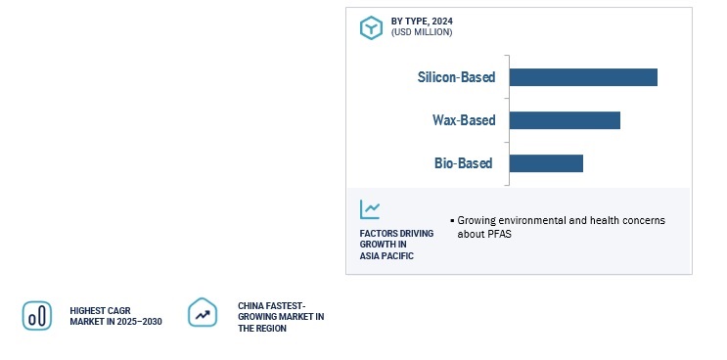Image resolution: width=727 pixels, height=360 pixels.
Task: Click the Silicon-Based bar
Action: [583, 77]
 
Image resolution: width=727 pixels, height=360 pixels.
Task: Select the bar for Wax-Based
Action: [565, 120]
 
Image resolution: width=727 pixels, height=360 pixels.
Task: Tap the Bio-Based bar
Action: [546, 163]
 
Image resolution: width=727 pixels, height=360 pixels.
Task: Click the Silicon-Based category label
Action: [456, 77]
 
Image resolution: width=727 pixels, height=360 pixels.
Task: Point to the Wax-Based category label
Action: [464, 120]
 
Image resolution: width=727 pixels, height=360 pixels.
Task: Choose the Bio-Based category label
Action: [463, 163]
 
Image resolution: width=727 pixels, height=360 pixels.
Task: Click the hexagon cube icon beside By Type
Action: [372, 27]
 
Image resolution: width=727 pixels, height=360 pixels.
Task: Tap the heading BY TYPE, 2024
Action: [422, 22]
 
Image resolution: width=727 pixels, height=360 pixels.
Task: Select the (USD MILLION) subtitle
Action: [422, 32]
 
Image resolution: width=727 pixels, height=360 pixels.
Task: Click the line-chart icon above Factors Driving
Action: [370, 209]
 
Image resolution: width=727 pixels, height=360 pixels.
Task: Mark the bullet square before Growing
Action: [452, 221]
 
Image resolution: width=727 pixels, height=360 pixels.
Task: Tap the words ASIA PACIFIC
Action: [386, 255]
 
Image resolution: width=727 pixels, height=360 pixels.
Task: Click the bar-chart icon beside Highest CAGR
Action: [37, 316]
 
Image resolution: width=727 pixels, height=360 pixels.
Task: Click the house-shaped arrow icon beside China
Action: [203, 312]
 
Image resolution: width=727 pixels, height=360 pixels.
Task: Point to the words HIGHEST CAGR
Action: [100, 310]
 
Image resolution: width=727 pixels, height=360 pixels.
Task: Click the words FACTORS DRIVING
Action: [396, 233]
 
